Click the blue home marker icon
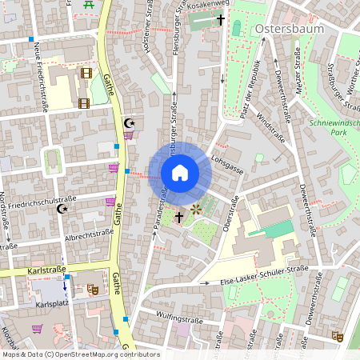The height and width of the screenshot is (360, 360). click(x=179, y=173)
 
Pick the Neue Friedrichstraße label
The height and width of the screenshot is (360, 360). click(x=41, y=78)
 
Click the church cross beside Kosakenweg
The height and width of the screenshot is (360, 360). click(x=220, y=18)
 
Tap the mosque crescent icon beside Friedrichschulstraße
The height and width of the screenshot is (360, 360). click(x=61, y=209)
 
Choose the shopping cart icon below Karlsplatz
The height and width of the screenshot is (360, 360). click(x=37, y=328)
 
